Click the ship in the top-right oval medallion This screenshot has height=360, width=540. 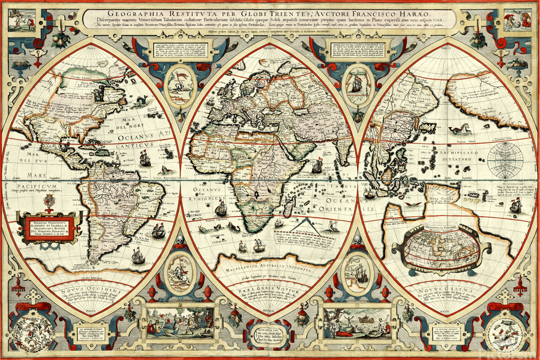[356, 85]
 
